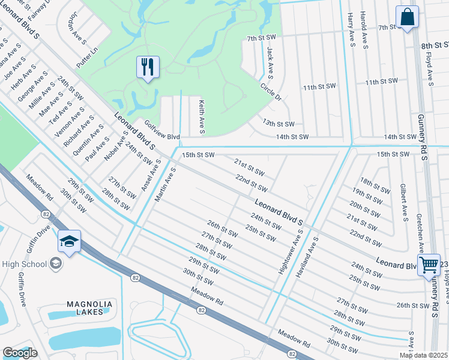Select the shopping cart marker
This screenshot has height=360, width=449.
[x=429, y=265]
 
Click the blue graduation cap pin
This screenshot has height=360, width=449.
[x=69, y=242]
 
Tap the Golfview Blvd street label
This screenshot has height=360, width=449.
[x=162, y=131]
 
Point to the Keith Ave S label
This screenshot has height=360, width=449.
[x=202, y=117]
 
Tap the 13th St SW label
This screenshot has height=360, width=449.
[x=278, y=124]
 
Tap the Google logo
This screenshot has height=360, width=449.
[x=20, y=353]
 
